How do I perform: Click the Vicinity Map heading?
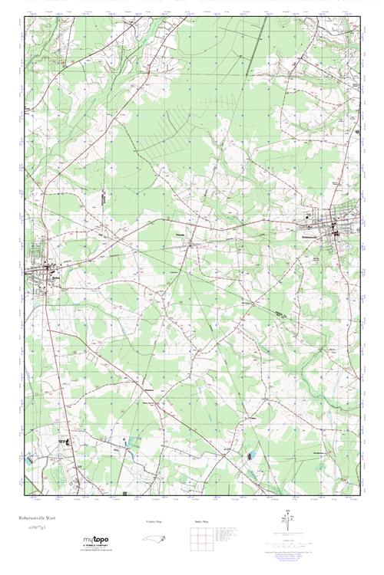pyautogui.click(x=154, y=521)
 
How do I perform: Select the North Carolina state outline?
pyautogui.click(x=154, y=538)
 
